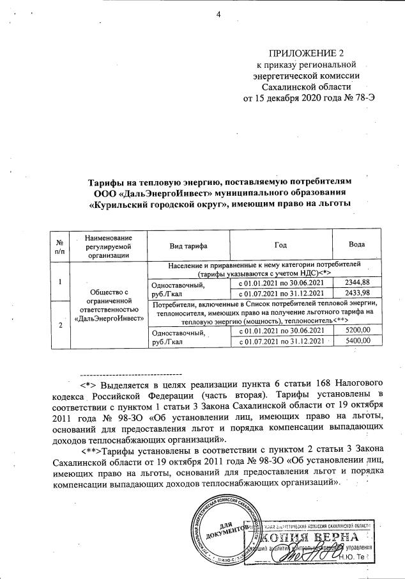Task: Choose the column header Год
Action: pos(280,246)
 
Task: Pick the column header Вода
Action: pos(357,246)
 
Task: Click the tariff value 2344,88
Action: pos(357,282)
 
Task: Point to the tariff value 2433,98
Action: pos(357,293)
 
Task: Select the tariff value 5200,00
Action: pos(357,330)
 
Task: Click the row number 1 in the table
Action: pos(59,282)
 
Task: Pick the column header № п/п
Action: pos(59,246)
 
